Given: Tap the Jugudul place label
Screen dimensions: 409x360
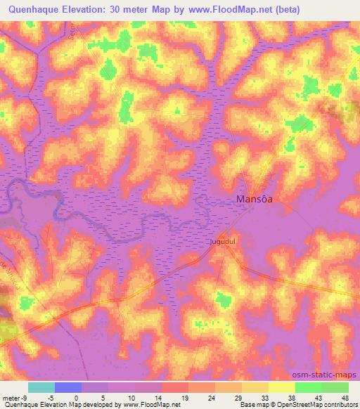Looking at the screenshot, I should click(222, 243).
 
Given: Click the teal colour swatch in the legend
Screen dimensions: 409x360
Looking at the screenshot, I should click(41, 387).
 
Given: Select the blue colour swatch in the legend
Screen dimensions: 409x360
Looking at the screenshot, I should click(68, 387).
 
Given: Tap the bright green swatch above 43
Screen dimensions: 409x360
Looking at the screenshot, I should click(309, 387).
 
